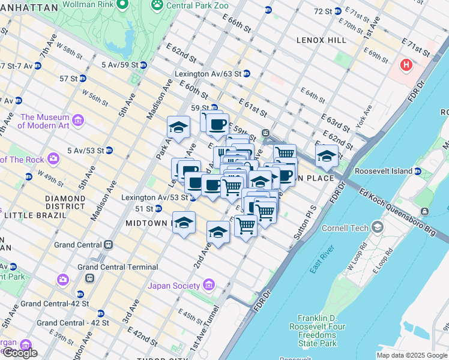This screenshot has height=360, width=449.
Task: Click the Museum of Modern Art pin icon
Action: [78, 122]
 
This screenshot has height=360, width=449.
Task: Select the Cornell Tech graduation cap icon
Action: [377, 227]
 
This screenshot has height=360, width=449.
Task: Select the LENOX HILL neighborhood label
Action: [321, 40]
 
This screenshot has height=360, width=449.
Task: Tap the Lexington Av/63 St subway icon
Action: [246, 74]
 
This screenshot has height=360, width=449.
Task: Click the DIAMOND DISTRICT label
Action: [65, 202]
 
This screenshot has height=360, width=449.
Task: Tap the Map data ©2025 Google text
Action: [412, 355]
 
